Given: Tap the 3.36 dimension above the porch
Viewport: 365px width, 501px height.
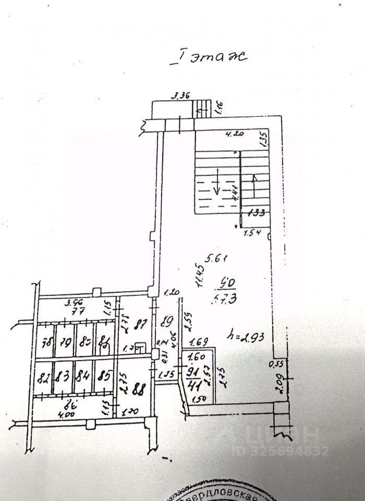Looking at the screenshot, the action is click(182, 95).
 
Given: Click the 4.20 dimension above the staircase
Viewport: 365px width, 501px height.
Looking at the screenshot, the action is click(235, 134).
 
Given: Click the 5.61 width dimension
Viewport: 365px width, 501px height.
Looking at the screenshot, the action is click(218, 257).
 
